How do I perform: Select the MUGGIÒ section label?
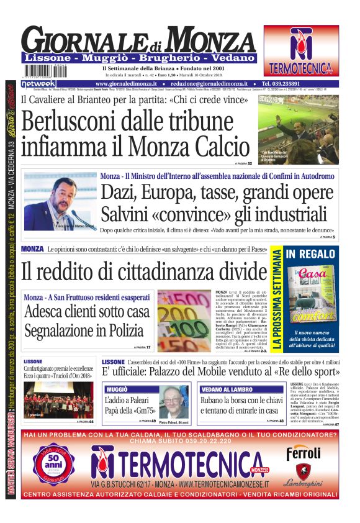(x=117, y=388)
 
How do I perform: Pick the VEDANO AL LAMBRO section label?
(x=225, y=389)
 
